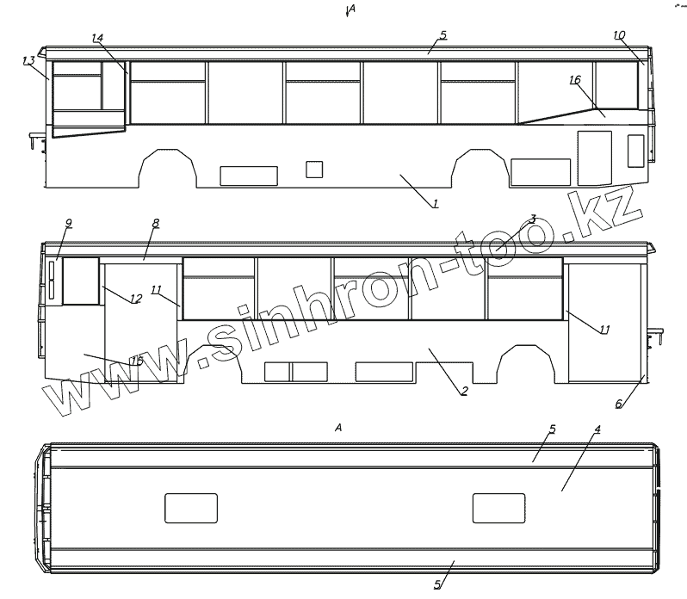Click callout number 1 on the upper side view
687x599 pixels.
click(x=436, y=204)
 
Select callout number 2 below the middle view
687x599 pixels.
click(x=464, y=392)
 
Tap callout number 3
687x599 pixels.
click(x=533, y=219)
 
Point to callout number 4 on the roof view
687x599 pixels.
click(x=597, y=429)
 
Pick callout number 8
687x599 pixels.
click(x=156, y=223)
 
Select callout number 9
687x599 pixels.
click(x=69, y=223)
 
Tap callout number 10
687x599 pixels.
click(x=619, y=35)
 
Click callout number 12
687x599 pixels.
click(x=136, y=299)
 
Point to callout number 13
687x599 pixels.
click(x=29, y=61)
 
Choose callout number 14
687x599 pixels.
click(x=97, y=38)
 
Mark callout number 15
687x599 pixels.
click(x=137, y=361)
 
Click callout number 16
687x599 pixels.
click(x=575, y=80)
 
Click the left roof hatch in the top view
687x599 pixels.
click(x=191, y=509)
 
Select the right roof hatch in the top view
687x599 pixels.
click(x=498, y=509)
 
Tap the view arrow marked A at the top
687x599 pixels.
click(x=349, y=10)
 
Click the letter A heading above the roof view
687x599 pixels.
click(x=338, y=428)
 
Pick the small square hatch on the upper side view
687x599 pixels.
click(x=315, y=169)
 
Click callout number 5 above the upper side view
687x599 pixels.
click(x=443, y=35)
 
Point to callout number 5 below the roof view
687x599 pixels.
click(x=437, y=585)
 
